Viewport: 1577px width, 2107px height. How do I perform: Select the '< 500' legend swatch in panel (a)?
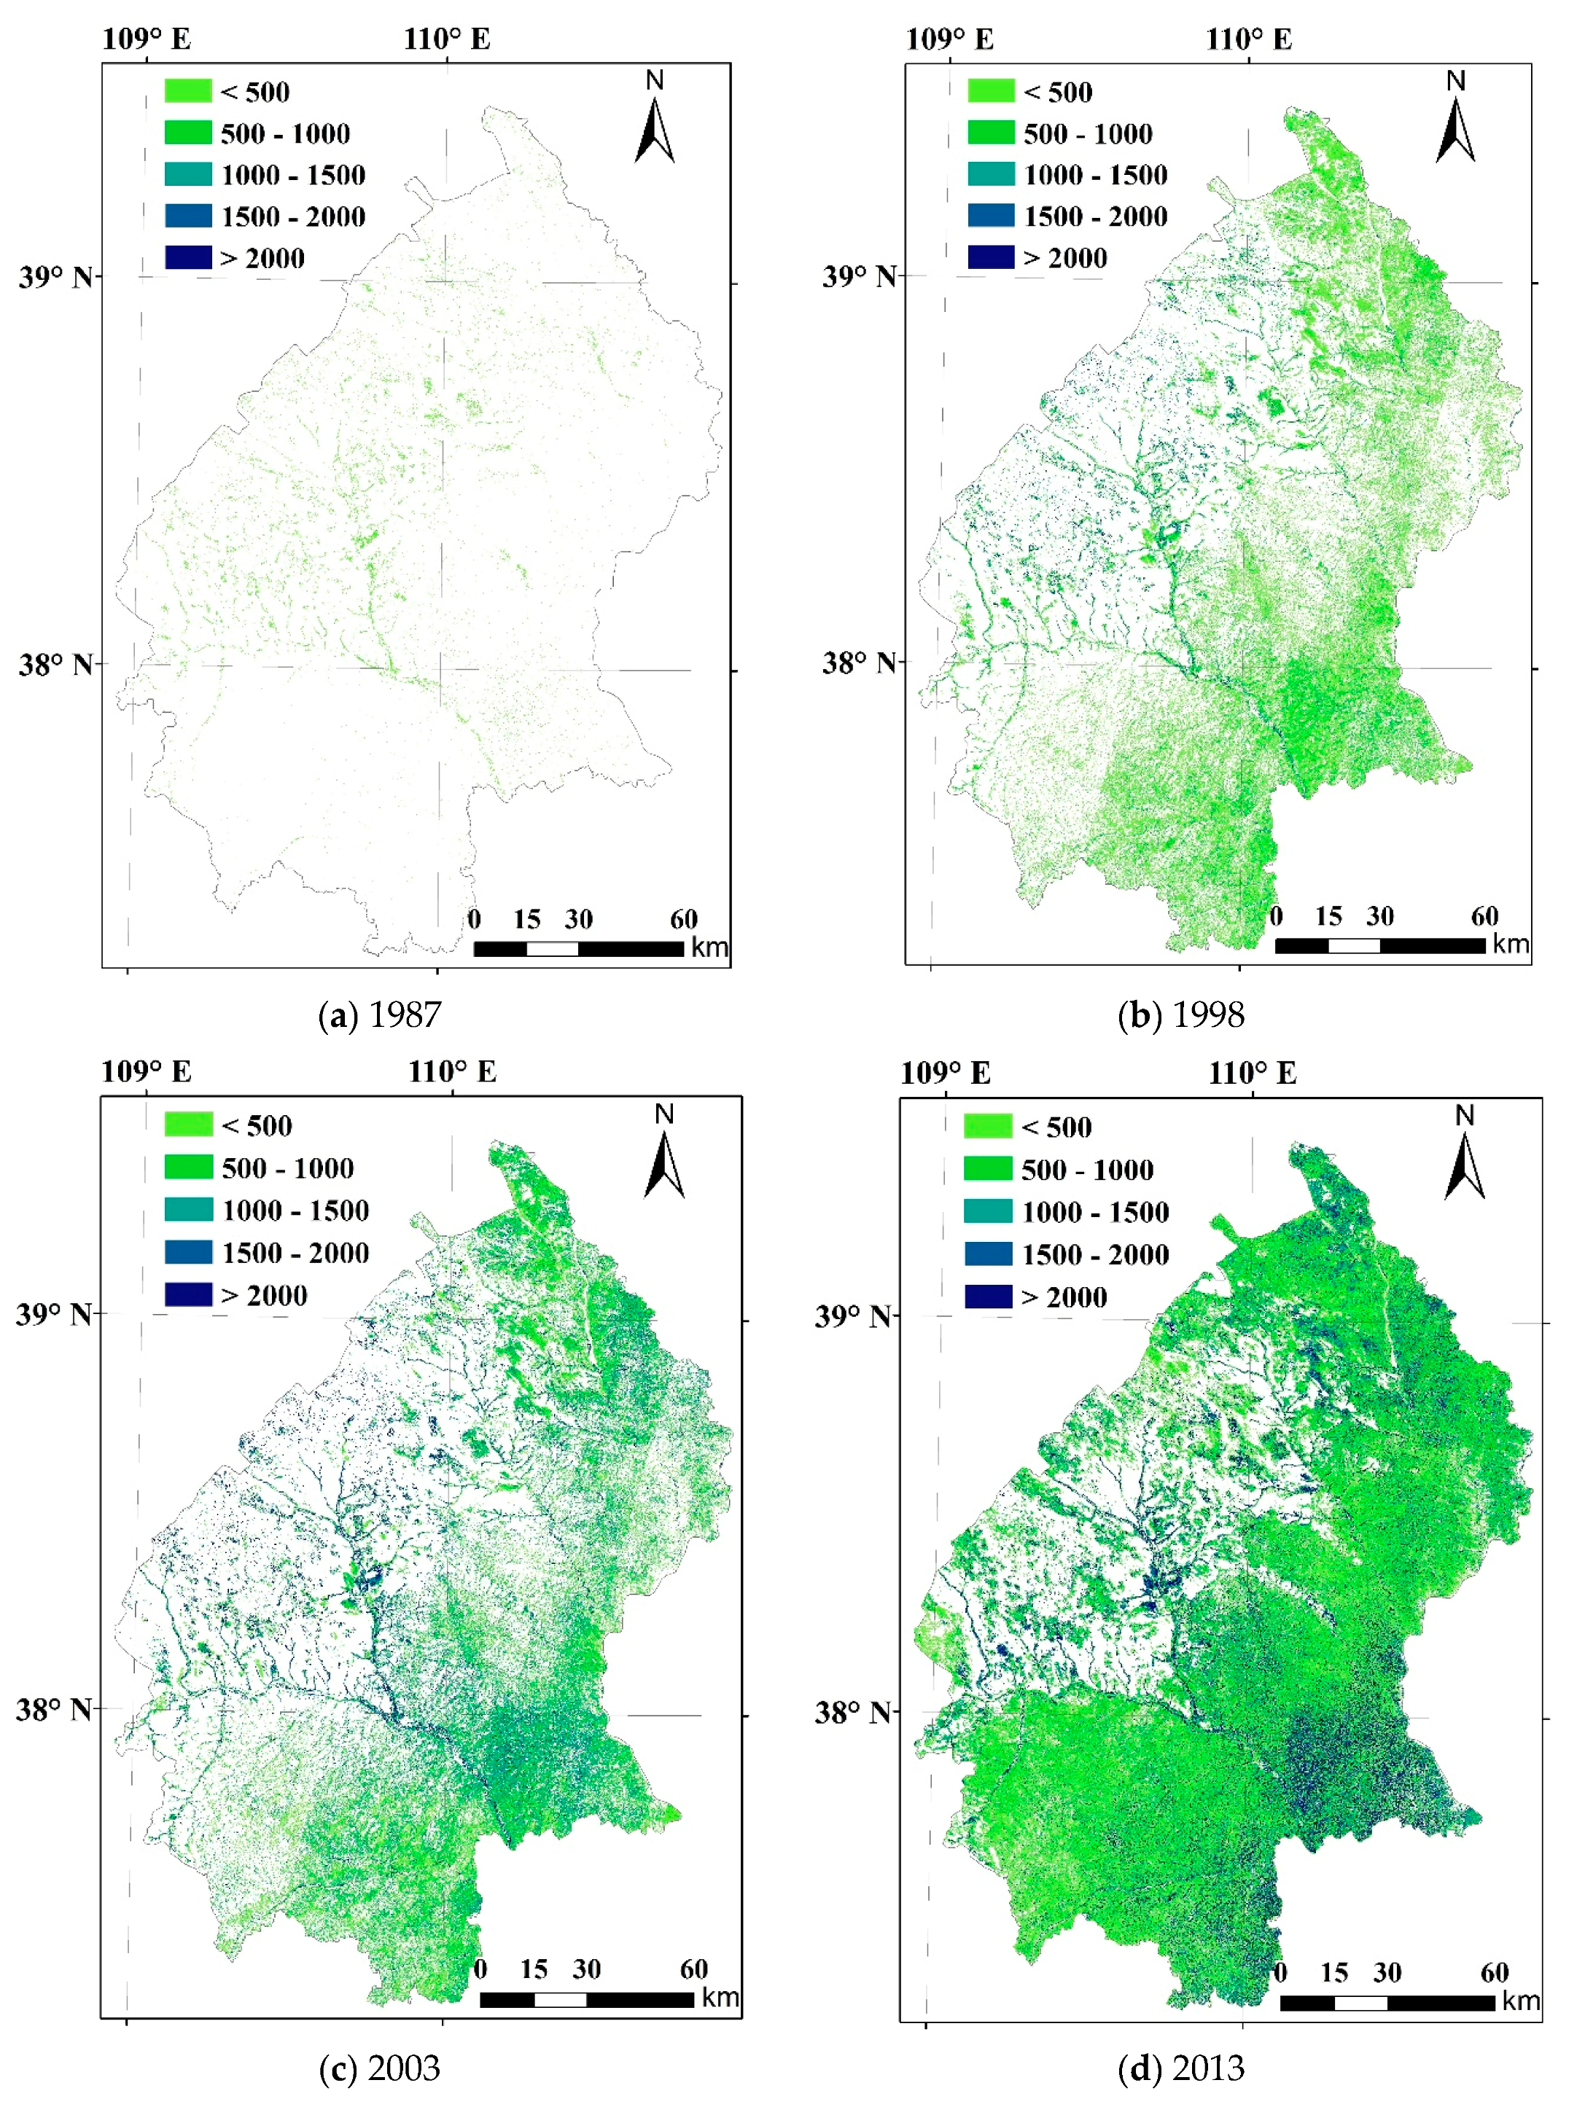coord(187,90)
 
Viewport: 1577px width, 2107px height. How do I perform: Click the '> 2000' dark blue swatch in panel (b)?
coord(990,257)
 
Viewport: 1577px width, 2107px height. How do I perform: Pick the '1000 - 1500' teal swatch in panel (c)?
coord(187,1210)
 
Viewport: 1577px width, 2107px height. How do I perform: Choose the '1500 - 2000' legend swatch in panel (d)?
coord(987,1254)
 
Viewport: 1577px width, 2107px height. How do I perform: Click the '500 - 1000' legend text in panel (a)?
coord(285,133)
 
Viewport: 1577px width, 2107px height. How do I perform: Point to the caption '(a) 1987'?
coord(379,1015)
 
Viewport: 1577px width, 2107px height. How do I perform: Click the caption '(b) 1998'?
coord(1180,1015)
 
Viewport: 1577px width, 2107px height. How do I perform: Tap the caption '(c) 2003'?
coord(379,2068)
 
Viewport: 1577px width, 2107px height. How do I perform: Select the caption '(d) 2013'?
coord(1180,2068)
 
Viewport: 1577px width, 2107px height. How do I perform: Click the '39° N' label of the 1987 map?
coord(55,277)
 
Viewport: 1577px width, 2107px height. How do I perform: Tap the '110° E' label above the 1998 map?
coord(1248,39)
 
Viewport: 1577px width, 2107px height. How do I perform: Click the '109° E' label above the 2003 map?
coord(146,1071)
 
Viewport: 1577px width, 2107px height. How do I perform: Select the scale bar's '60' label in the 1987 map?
coord(683,919)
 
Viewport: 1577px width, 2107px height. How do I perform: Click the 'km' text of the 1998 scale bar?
coord(1511,944)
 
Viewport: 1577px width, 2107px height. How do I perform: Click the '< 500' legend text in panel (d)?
coord(1056,1127)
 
